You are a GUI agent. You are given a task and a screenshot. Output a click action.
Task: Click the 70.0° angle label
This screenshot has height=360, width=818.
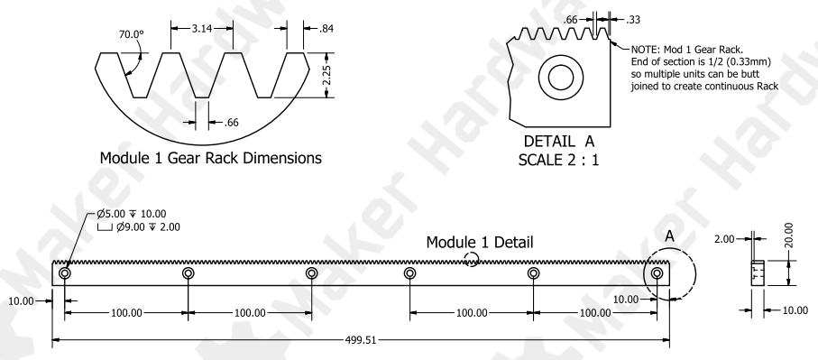pyautogui.click(x=132, y=34)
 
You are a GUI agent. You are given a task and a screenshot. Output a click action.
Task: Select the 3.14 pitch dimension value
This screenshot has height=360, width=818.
pyautogui.click(x=201, y=29)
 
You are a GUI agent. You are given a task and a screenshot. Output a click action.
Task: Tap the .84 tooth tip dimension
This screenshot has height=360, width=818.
pyautogui.click(x=326, y=29)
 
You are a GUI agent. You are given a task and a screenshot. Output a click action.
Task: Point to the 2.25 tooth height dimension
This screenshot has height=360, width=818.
pyautogui.click(x=326, y=75)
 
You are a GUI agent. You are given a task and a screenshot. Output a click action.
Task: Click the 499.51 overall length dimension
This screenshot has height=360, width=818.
pyautogui.click(x=361, y=340)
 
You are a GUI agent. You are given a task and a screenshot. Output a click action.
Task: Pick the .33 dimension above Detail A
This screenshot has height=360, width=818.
pyautogui.click(x=633, y=20)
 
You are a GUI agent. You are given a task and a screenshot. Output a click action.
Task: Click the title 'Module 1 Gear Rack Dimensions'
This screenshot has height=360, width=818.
pyautogui.click(x=211, y=158)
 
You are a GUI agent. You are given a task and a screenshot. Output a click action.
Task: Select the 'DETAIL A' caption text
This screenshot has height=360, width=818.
pyautogui.click(x=559, y=142)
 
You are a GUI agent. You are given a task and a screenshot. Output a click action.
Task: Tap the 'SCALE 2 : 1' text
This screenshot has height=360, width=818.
pyautogui.click(x=559, y=160)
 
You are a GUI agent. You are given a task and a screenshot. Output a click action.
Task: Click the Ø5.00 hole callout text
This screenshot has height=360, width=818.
pyautogui.click(x=132, y=214)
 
